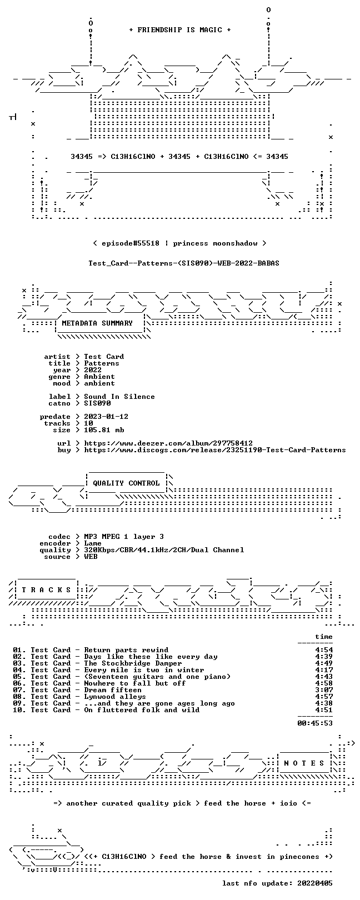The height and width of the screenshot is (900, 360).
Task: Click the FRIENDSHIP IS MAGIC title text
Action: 179,30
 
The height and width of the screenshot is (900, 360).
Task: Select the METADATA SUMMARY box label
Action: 97,323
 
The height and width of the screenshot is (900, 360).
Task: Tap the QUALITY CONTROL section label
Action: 126,483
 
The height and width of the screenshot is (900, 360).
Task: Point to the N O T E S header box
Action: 304,763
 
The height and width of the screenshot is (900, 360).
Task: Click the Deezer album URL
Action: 168,443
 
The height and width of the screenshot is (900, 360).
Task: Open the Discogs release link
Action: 215,450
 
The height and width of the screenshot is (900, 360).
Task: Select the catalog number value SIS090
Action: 97,403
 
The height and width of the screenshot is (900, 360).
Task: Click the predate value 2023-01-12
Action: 106,417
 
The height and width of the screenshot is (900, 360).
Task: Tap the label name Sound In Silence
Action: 119,397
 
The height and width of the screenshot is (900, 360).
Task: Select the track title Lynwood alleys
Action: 115,697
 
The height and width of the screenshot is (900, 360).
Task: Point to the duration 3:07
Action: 324,690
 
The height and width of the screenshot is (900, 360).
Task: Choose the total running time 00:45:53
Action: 315,723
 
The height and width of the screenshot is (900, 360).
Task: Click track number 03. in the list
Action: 19,663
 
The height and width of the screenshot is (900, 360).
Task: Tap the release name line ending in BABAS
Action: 184,263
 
